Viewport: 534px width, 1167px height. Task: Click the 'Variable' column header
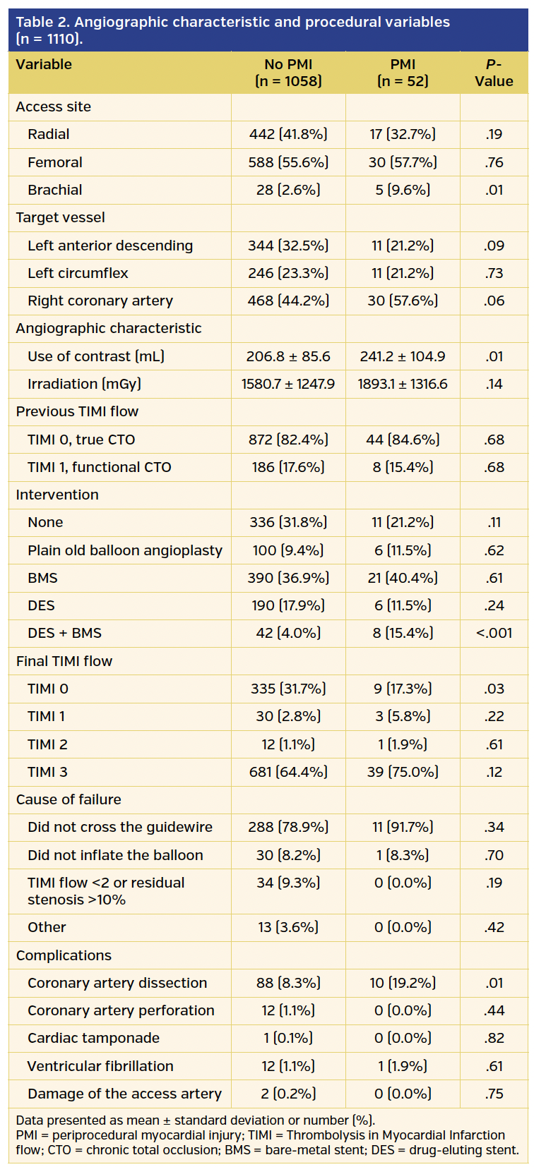44,64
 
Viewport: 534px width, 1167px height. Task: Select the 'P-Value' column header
494,73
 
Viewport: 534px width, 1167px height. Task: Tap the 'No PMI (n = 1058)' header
288,73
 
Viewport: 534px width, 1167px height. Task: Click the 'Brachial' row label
55,190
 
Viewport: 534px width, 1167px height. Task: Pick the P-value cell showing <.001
494,633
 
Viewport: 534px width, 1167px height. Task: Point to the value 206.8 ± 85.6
288,356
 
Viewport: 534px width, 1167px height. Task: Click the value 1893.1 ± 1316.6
403,384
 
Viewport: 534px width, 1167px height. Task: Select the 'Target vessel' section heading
61,217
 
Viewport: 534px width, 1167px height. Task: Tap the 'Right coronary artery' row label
100,301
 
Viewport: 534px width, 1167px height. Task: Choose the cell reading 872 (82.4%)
288,440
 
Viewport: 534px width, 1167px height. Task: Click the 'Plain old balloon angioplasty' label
125,550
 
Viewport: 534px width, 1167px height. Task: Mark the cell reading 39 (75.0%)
403,772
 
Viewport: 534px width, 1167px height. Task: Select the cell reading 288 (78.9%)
288,827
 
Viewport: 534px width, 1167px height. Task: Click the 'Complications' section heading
64,955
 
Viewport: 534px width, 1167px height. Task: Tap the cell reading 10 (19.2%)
403,983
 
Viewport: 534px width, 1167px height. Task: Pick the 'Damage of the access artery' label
124,1094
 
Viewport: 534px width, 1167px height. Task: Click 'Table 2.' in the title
42,22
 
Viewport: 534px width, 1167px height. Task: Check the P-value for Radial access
494,134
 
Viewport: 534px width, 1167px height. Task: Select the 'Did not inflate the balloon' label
115,855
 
